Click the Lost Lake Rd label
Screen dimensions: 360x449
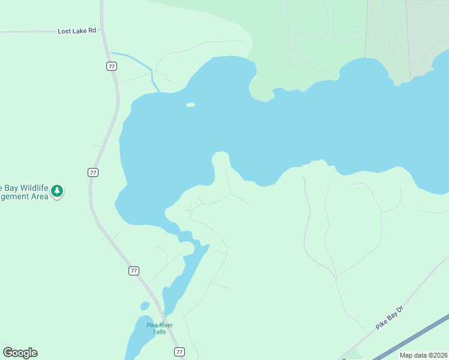(x=77, y=31)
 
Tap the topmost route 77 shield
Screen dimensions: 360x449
(x=112, y=66)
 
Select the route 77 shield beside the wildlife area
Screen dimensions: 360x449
(x=92, y=172)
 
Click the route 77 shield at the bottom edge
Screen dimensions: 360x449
(x=179, y=352)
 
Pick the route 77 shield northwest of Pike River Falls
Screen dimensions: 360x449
(x=133, y=271)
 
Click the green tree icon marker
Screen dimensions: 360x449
(x=57, y=191)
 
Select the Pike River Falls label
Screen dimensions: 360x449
(x=160, y=328)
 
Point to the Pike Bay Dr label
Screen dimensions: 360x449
(x=391, y=316)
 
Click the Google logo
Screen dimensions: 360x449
(x=20, y=353)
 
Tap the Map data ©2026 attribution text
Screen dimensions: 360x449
(x=423, y=355)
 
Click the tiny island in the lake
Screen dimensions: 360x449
(x=190, y=105)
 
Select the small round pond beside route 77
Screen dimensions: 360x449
(x=145, y=306)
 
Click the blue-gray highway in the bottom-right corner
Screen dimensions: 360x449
(x=414, y=337)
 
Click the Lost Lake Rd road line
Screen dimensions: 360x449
(x=36, y=31)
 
